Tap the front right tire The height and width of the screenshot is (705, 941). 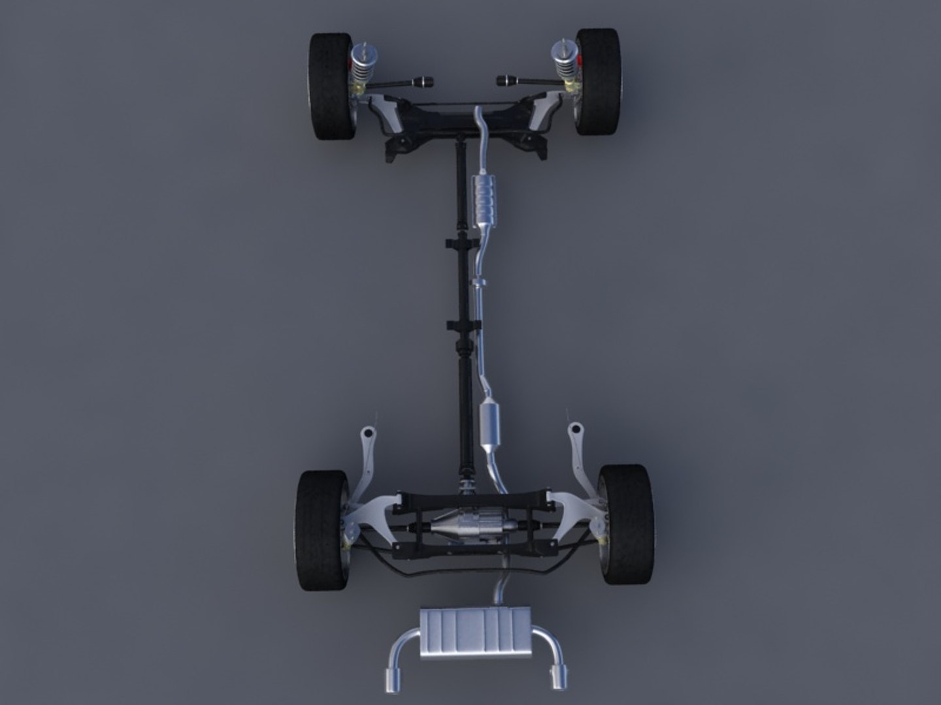(x=597, y=82)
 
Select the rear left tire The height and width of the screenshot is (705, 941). (x=321, y=530)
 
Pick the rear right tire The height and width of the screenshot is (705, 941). (x=626, y=524)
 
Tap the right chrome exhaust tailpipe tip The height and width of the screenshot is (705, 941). (x=559, y=677)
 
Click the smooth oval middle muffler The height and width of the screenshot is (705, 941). (x=489, y=424)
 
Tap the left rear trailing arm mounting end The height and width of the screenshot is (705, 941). (x=368, y=433)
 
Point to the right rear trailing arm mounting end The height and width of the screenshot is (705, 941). (x=575, y=430)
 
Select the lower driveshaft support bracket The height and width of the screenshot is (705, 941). (x=463, y=324)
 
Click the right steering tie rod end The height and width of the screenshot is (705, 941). (x=504, y=81)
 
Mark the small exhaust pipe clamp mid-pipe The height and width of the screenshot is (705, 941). (x=479, y=283)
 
